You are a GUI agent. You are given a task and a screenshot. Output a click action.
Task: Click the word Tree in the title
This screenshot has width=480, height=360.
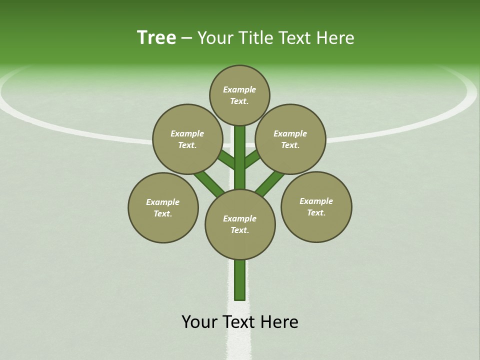point(156,38)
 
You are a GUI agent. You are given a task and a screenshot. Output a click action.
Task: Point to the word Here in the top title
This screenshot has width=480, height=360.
point(335,38)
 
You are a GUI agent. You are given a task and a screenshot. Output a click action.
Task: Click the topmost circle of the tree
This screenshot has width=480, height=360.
point(239,95)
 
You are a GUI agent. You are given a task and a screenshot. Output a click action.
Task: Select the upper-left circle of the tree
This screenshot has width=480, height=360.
point(187,139)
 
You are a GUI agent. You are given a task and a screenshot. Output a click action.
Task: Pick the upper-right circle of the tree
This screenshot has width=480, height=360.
point(290,139)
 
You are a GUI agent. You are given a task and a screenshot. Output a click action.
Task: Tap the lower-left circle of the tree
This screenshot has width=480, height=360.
point(163,207)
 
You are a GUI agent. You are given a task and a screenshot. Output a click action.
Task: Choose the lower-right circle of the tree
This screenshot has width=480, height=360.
point(316,206)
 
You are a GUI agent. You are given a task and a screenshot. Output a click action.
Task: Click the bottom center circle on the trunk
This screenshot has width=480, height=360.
point(240,224)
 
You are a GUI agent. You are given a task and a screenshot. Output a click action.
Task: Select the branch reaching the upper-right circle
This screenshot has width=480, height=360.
point(253,159)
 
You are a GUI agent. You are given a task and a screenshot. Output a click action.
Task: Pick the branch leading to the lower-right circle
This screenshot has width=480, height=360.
point(270,183)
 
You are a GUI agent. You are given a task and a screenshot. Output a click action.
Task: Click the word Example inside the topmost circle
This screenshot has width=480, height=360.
point(239,89)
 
